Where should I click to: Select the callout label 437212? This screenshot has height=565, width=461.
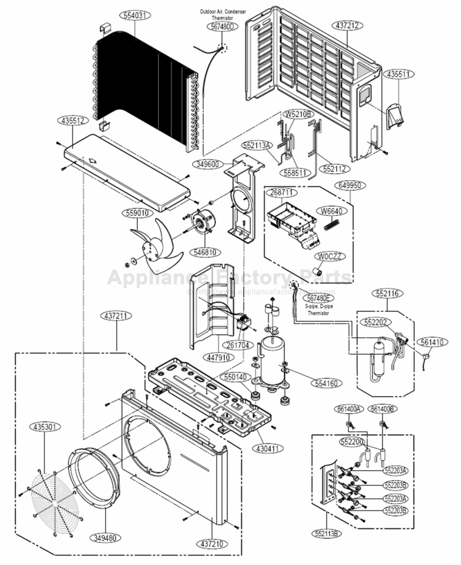click(x=348, y=25)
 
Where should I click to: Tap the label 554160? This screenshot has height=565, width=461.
click(x=324, y=384)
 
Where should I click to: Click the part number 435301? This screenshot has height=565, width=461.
click(x=45, y=427)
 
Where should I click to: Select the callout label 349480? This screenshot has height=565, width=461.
click(x=106, y=538)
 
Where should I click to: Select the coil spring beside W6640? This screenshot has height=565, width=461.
click(x=330, y=224)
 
